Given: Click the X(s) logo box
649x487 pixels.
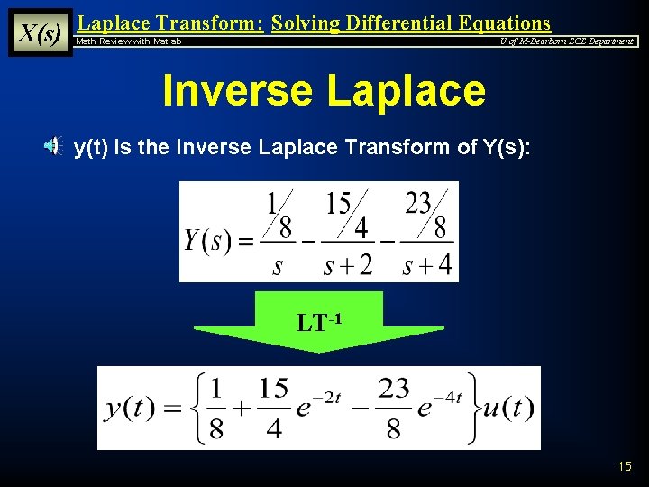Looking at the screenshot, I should coord(40,33).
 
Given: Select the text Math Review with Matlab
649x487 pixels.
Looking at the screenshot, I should coord(128,41).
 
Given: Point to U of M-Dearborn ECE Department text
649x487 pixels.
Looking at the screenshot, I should coord(567,41).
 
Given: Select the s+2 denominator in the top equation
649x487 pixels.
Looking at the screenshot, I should coord(347,265).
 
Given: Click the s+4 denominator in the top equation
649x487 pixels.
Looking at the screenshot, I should coord(426,265).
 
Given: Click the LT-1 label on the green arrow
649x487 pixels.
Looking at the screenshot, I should coord(318,321).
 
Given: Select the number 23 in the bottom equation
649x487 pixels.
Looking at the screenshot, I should coord(394,389).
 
